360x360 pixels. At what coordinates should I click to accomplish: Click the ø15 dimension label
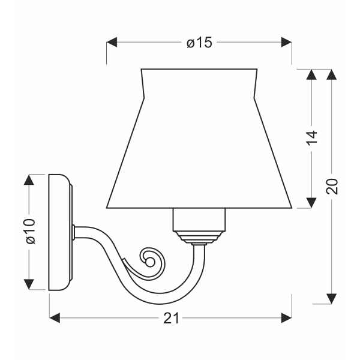199,43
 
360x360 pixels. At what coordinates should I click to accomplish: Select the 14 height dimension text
311,138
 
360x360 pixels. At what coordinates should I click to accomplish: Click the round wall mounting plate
59,232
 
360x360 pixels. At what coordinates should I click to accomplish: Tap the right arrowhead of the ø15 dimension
286,43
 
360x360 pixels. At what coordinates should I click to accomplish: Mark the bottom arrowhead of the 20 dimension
331,299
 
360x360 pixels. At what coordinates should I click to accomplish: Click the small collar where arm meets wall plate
74,232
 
